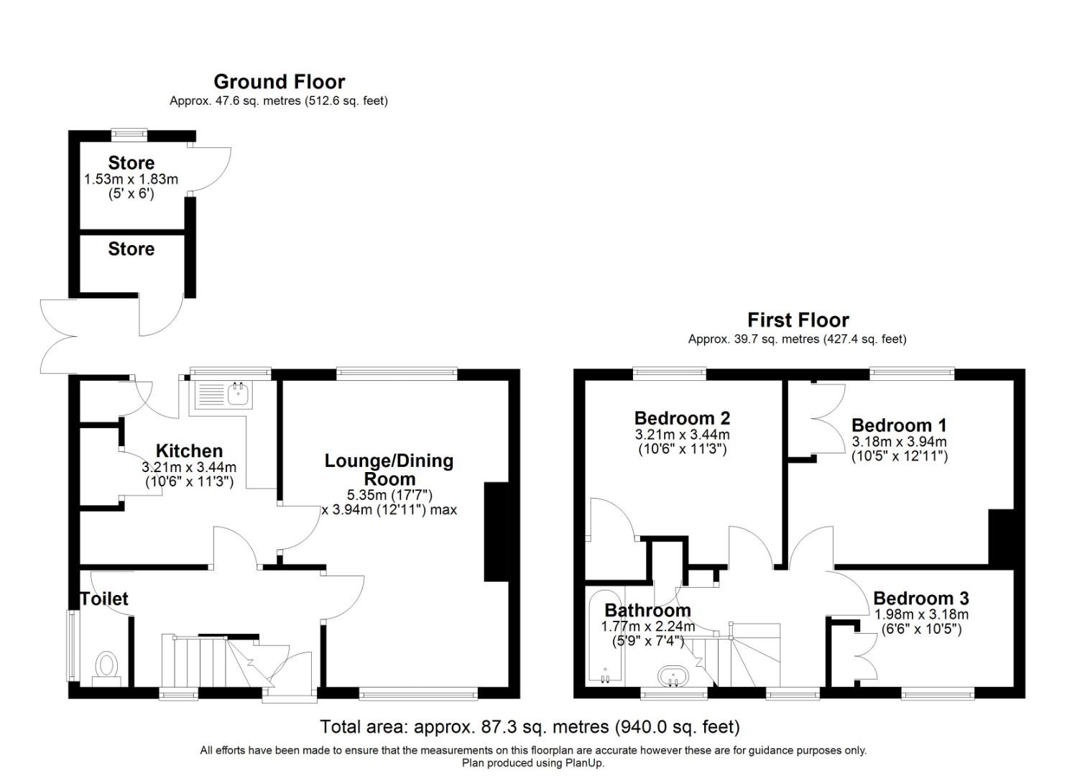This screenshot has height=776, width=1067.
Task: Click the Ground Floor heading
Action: (x=279, y=82)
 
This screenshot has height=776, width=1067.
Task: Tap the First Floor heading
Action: (x=798, y=320)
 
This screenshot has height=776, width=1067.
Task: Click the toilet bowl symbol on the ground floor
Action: (x=107, y=665)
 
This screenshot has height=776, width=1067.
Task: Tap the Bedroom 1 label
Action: (x=899, y=425)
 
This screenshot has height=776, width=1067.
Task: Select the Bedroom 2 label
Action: (x=682, y=418)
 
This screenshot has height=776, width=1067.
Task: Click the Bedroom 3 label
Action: (x=920, y=599)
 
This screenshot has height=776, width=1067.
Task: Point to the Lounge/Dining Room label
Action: (x=389, y=470)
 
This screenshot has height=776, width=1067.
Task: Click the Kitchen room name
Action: (x=189, y=451)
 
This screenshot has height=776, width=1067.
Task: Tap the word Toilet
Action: (x=104, y=599)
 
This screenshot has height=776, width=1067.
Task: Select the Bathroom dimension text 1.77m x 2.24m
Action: (x=647, y=627)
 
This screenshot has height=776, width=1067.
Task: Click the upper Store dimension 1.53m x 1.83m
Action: (x=131, y=179)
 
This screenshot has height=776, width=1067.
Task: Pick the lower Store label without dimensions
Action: (x=131, y=249)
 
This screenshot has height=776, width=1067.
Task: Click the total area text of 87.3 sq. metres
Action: (x=530, y=727)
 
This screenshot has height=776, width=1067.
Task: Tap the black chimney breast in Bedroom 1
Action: (x=1000, y=537)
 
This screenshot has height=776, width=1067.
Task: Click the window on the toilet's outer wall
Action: (x=72, y=645)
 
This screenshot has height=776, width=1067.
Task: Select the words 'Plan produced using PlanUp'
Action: (x=532, y=763)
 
